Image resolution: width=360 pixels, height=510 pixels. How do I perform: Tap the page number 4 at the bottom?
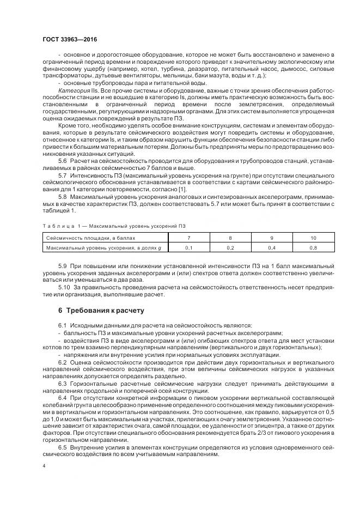pyautogui.click(x=43, y=466)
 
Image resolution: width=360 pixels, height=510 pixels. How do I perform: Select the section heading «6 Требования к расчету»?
pyautogui.click(x=101, y=311)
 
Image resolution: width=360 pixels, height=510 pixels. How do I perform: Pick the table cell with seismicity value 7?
pyautogui.click(x=189, y=238)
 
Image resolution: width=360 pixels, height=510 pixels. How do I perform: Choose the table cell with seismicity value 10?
pyautogui.click(x=313, y=238)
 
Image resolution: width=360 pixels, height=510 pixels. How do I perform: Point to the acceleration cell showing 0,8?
pyautogui.click(x=313, y=248)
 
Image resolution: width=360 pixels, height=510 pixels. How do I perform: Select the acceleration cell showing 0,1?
pyautogui.click(x=189, y=248)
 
